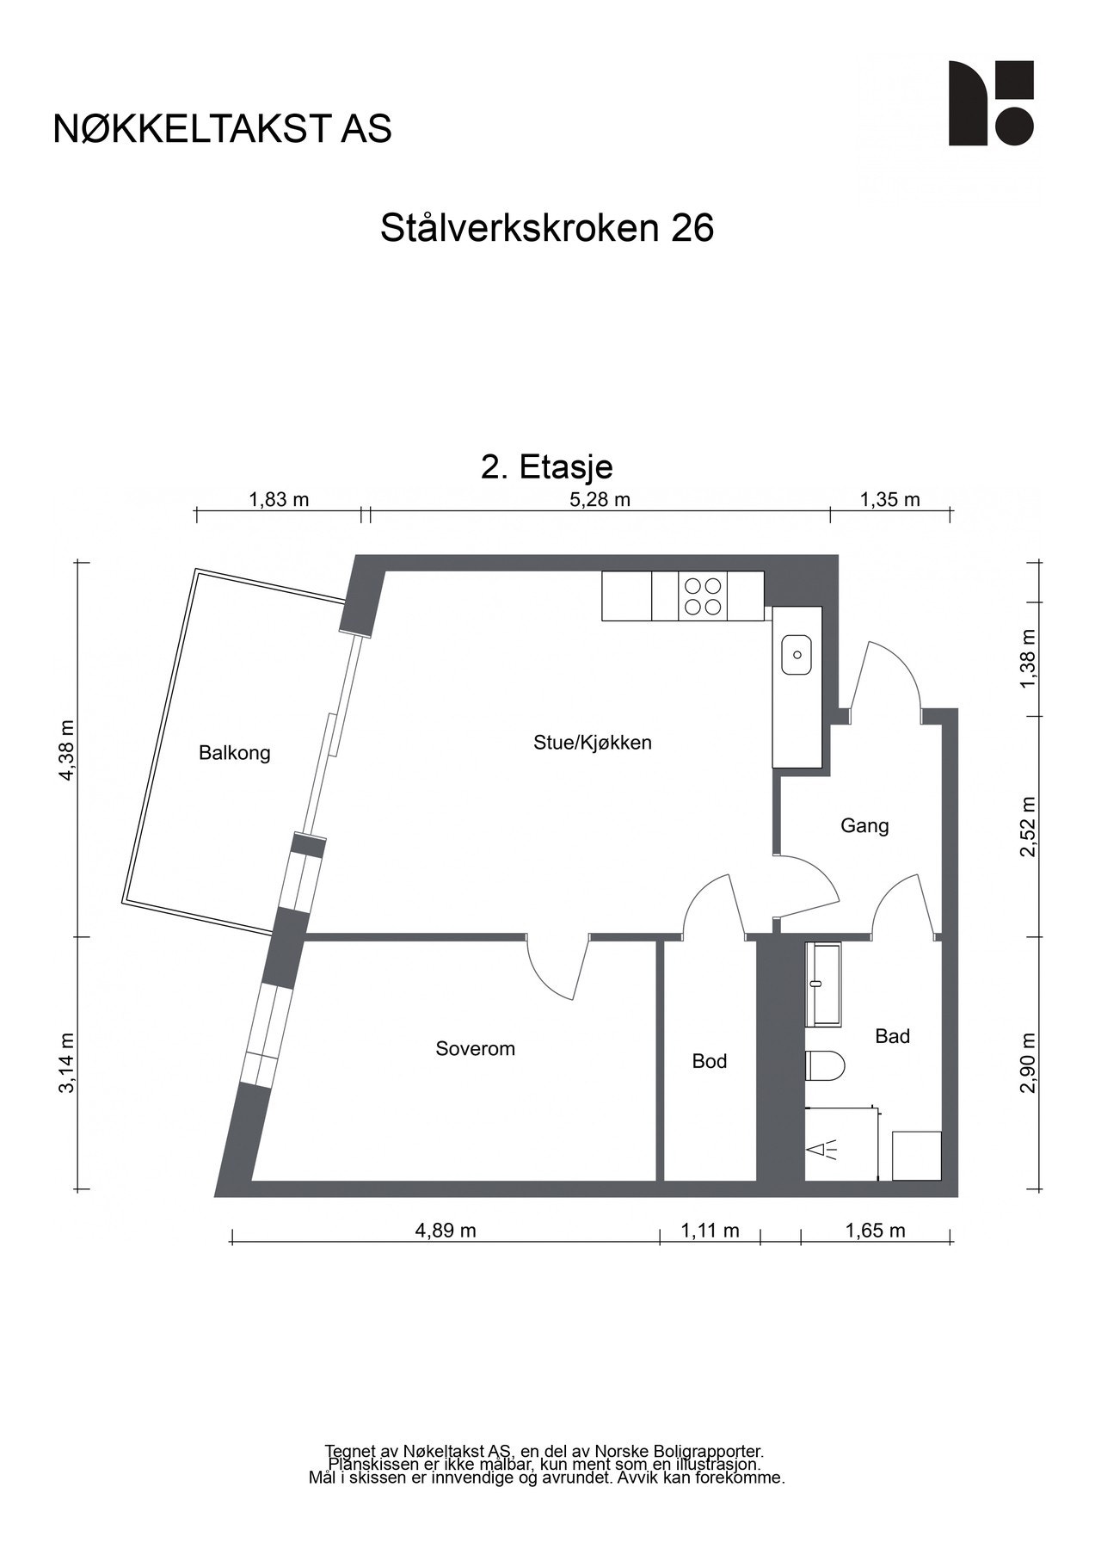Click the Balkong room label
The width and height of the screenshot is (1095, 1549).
coord(234,753)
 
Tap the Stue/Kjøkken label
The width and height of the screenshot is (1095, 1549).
coord(592,742)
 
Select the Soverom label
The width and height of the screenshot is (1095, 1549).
coord(475,1048)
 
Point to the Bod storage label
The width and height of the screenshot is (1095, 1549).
coord(709,1061)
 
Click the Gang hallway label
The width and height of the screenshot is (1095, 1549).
coord(864,826)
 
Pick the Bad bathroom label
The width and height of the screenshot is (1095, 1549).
coord(892,1036)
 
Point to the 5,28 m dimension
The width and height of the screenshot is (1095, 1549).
coord(600,500)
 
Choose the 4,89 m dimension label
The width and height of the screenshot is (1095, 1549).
coord(445,1231)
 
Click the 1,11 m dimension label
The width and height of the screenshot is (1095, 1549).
coord(710,1231)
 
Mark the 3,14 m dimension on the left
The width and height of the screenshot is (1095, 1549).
coord(67,1063)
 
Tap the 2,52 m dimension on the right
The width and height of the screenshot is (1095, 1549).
coord(1028,826)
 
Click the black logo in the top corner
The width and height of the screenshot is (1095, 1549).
coord(990,102)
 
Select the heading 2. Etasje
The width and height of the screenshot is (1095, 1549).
coord(546,466)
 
